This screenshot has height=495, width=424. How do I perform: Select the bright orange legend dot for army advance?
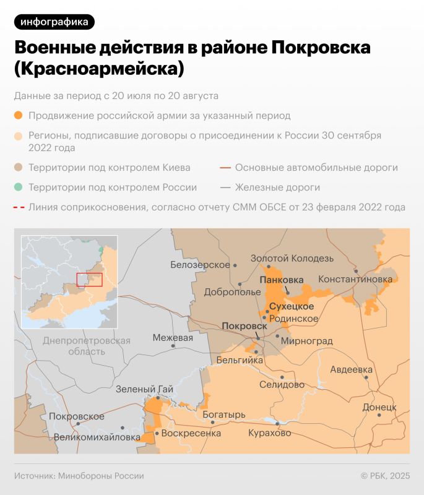pyautogui.click(x=19, y=116)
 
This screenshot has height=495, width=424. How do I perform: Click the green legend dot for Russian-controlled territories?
pyautogui.click(x=19, y=187)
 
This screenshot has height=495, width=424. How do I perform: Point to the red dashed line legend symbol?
pyautogui.click(x=19, y=207)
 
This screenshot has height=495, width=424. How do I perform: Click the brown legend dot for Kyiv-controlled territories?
pyautogui.click(x=19, y=168)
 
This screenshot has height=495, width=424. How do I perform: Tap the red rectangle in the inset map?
pyautogui.click(x=89, y=279)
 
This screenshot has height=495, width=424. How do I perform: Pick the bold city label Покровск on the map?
pyautogui.click(x=244, y=326)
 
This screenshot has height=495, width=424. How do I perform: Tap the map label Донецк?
pyautogui.click(x=379, y=408)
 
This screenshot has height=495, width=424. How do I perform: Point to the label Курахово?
pyautogui.click(x=269, y=433)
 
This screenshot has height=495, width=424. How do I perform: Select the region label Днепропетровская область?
pyautogui.click(x=87, y=346)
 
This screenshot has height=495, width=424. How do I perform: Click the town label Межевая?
pyautogui.click(x=173, y=338)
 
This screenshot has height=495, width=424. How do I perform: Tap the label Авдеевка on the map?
pyautogui.click(x=351, y=370)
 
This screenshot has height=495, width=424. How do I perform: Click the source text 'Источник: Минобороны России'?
pyautogui.click(x=79, y=476)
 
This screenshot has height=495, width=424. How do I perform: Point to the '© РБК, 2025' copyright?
pyautogui.click(x=385, y=476)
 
